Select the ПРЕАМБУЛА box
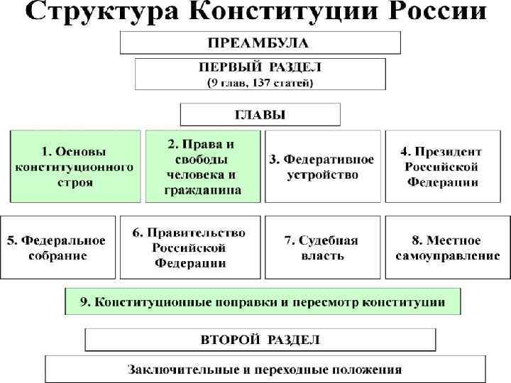pyautogui.click(x=260, y=43)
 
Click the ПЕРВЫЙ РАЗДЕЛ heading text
pyautogui.click(x=260, y=67)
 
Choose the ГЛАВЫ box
pyautogui.click(x=260, y=114)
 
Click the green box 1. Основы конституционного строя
pyautogui.click(x=75, y=166)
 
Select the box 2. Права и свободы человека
pyautogui.click(x=203, y=166)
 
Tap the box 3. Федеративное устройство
pyautogui.click(x=322, y=166)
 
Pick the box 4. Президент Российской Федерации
pyautogui.click(x=441, y=166)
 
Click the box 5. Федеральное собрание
pyautogui.click(x=57, y=247)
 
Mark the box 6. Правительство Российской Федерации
pyautogui.click(x=189, y=247)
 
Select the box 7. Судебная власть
pyautogui.click(x=322, y=247)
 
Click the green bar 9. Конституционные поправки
pyautogui.click(x=263, y=301)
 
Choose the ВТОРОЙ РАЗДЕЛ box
pyautogui.click(x=260, y=339)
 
